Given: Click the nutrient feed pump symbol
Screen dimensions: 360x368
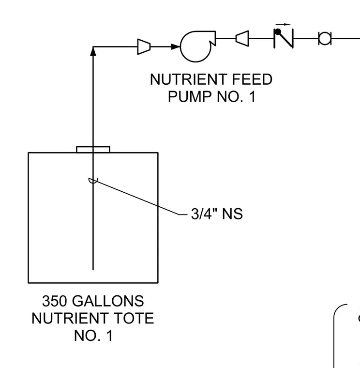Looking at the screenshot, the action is tap(196, 46).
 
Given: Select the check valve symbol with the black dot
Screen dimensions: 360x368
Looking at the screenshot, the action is tap(284, 38).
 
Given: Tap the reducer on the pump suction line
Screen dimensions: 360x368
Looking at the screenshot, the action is tap(144, 46).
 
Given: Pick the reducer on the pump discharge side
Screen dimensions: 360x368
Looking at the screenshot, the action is tap(242, 38).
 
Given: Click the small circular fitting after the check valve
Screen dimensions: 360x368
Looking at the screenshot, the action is tap(325, 38).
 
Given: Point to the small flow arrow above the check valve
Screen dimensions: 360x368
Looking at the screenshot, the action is tap(283, 24).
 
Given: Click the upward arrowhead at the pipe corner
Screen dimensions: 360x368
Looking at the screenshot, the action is tap(93, 52).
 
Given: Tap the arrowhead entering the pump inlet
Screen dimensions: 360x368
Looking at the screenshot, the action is tap(176, 46).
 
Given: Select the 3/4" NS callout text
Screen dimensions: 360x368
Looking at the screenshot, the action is tap(217, 214).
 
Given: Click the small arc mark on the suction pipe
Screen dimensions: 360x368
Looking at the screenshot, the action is tap(93, 181).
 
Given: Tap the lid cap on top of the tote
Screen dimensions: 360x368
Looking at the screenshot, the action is tap(93, 149).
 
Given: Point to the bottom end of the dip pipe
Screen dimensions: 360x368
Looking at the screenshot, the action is tap(93, 270).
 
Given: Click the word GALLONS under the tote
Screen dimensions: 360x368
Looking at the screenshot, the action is tap(108, 301).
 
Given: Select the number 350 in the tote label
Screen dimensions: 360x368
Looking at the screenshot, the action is tap(55, 301).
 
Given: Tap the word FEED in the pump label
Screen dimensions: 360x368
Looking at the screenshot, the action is tap(252, 79).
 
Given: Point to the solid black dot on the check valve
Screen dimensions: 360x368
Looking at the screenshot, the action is tap(278, 31).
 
